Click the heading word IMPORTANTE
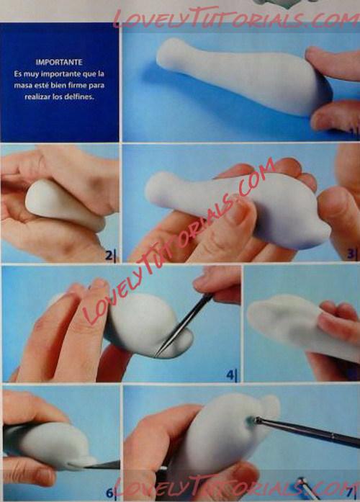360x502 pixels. point(59,62)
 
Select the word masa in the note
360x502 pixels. point(22,86)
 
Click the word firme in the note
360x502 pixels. point(77,85)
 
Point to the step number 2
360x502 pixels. point(109,256)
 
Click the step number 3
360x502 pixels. point(351,254)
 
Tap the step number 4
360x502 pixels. point(230,375)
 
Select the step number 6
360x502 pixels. point(109,493)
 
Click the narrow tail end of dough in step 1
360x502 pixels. point(168,51)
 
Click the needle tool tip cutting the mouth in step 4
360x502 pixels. point(156,355)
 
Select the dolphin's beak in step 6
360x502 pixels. point(84,460)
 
